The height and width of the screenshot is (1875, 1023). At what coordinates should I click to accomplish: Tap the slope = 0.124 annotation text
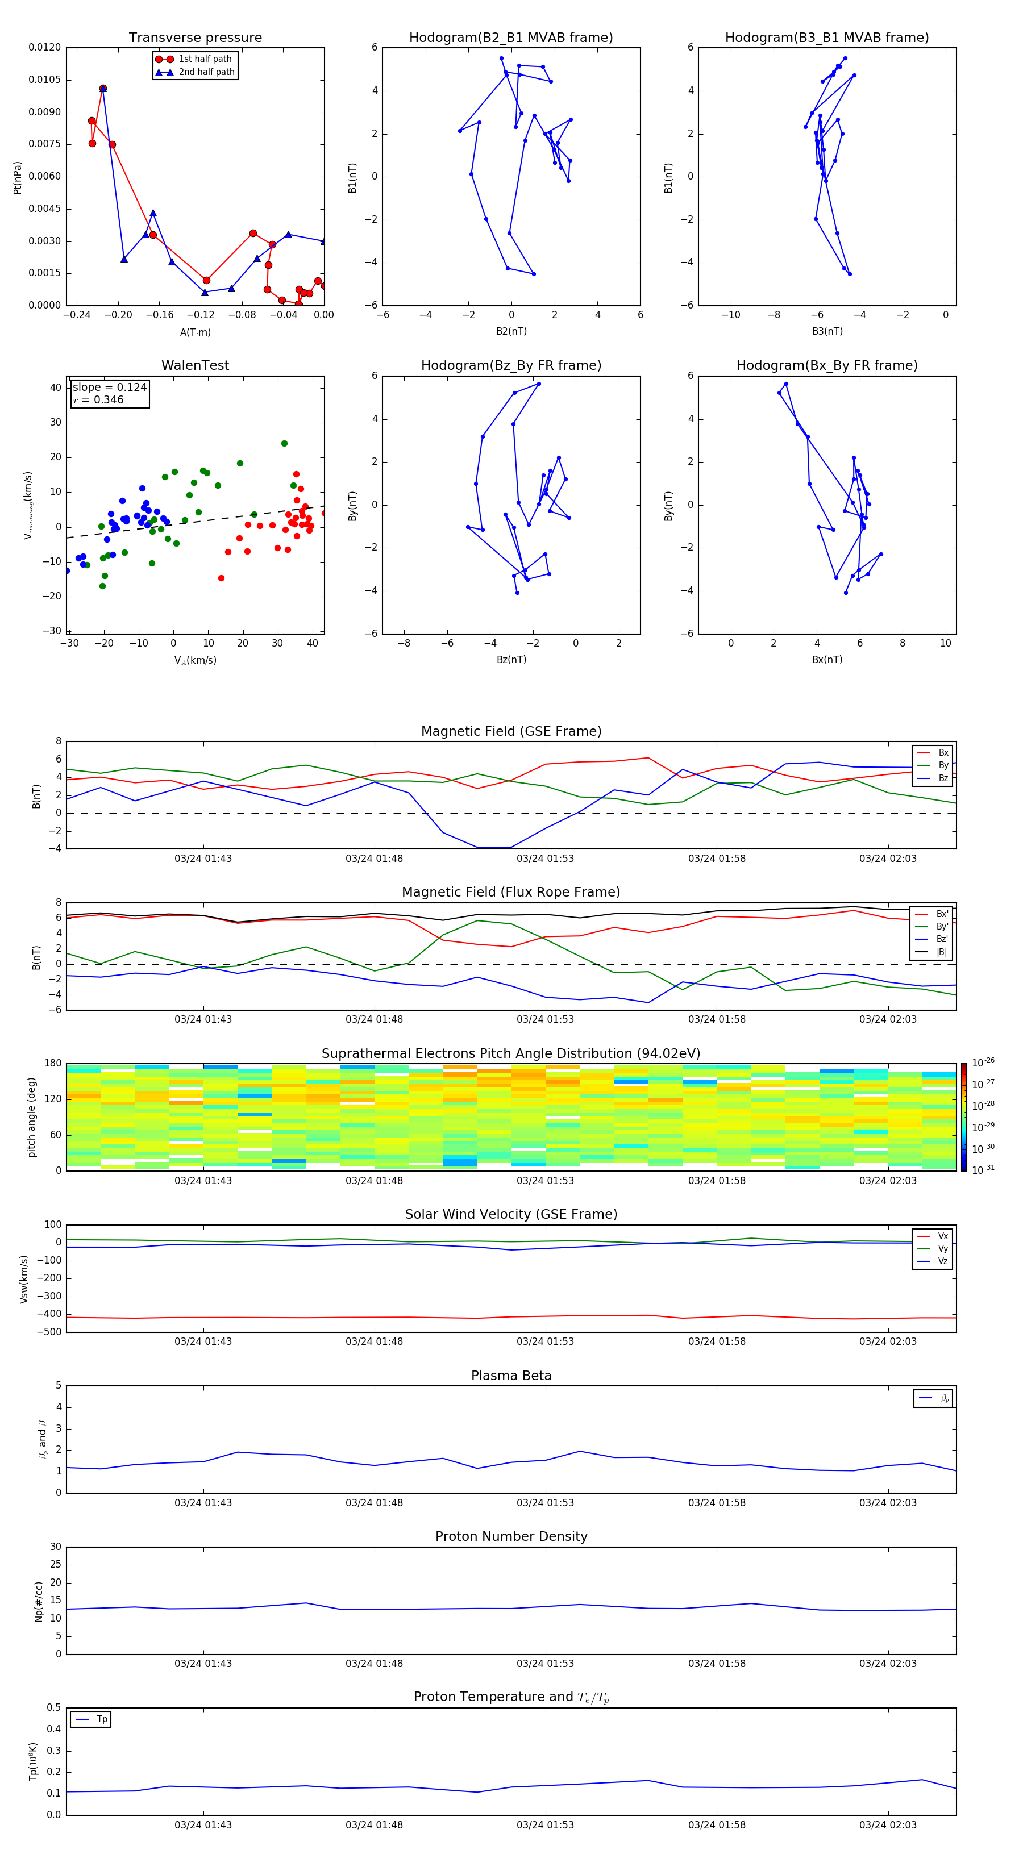point(109,388)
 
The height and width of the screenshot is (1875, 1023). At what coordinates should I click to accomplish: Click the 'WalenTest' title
point(195,365)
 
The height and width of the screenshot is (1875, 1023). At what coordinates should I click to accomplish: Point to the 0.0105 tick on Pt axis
point(44,80)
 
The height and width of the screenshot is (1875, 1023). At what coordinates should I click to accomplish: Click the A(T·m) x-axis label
point(195,332)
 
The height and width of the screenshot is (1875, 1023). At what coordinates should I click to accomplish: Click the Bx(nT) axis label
point(826,660)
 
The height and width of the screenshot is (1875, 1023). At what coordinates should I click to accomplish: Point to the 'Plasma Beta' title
point(511,1376)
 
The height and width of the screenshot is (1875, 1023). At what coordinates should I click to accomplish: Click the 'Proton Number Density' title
point(511,1536)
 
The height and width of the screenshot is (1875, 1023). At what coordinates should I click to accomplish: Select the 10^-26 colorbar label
point(983,1062)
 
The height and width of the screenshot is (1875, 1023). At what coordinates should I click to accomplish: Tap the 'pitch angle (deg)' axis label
point(31,1117)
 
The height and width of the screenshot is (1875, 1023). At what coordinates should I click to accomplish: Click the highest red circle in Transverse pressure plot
point(103,89)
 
